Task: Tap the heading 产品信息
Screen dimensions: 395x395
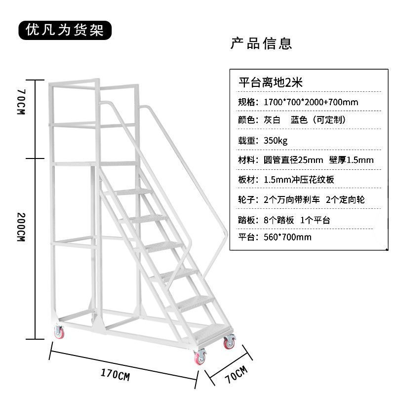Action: (261, 43)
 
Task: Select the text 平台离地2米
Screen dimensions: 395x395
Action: (270, 82)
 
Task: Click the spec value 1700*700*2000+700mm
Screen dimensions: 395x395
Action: (312, 102)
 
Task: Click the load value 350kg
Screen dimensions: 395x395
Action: (276, 140)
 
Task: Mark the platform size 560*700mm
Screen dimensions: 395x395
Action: (287, 237)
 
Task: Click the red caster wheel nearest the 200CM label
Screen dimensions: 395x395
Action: (59, 333)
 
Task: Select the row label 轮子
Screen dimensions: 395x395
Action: (247, 199)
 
